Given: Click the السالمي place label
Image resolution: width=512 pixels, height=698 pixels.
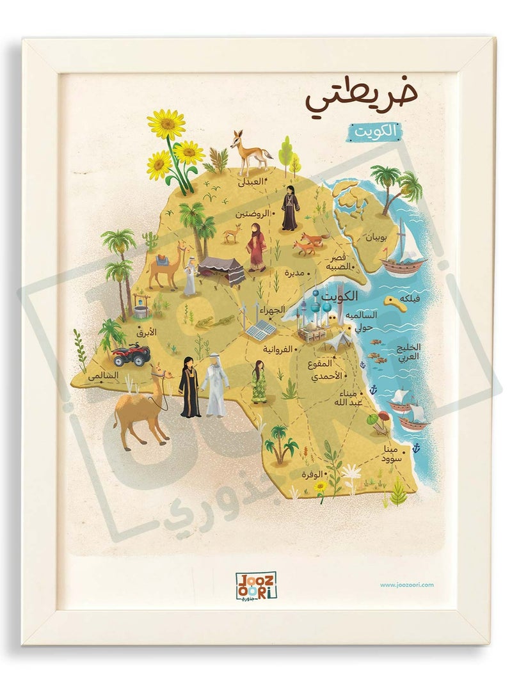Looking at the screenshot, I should click(104, 377).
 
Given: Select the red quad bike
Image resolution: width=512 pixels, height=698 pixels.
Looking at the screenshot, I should click(131, 354).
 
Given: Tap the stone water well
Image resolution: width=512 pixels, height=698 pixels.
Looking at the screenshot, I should click(141, 304).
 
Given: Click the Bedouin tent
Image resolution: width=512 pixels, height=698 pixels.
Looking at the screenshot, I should click(220, 268).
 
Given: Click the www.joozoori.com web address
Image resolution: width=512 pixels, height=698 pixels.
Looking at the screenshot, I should click(407, 584).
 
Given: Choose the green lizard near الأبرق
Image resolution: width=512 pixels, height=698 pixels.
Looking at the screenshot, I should click(205, 320).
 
